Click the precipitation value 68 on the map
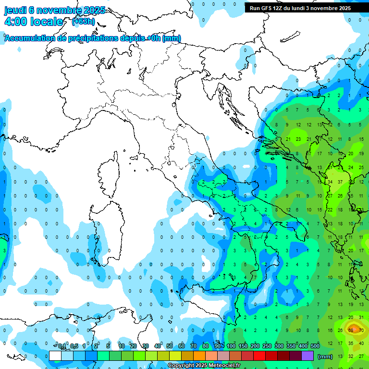click(x=351, y=330)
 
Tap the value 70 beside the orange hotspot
click(x=361, y=330)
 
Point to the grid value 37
click(x=340, y=182)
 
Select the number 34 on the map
click(x=330, y=182)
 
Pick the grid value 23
click(x=298, y=139)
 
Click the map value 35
click(x=351, y=343)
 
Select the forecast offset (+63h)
click(x=83, y=22)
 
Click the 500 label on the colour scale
click(x=315, y=346)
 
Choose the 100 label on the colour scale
click(x=231, y=346)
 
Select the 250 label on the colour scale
click(x=267, y=346)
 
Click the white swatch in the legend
click(x=55, y=356)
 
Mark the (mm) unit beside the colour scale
click(x=325, y=357)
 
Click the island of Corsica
click(x=110, y=175)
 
